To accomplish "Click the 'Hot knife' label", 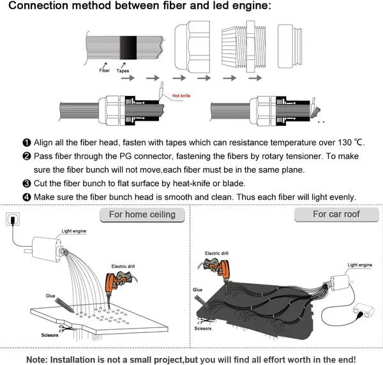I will (x=181, y=96).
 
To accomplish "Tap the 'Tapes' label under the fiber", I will (x=123, y=71).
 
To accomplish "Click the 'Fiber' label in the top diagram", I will (x=104, y=71).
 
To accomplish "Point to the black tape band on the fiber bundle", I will (x=126, y=48).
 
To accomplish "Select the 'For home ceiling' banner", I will (x=142, y=214).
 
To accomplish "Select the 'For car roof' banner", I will (x=336, y=214).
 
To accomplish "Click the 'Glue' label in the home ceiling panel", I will (x=50, y=295).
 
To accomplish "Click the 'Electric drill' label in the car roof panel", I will (x=216, y=253).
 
